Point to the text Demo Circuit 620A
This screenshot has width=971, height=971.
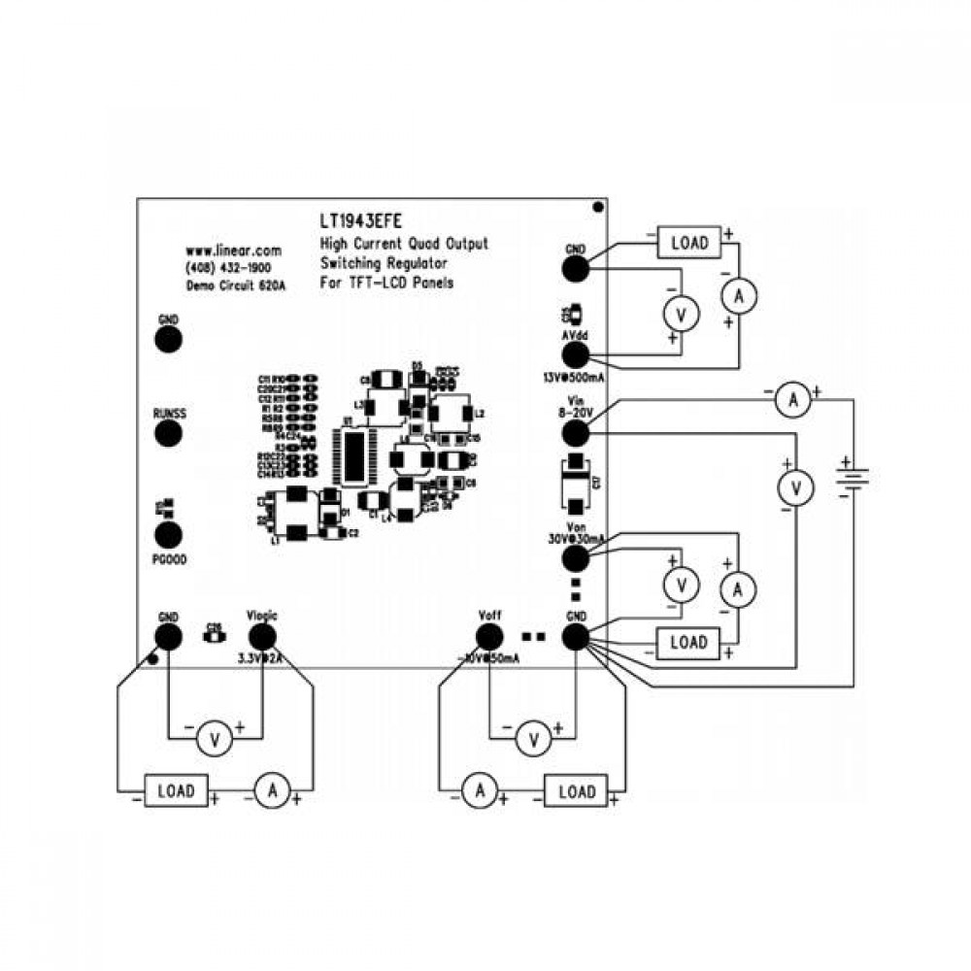click(236, 285)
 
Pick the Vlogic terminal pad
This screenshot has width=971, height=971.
click(262, 636)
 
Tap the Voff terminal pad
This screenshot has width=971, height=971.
click(488, 637)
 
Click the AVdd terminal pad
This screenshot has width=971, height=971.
click(575, 355)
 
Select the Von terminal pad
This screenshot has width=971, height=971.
click(575, 557)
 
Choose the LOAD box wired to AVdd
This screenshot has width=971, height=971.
click(688, 242)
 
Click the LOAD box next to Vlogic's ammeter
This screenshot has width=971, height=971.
click(176, 790)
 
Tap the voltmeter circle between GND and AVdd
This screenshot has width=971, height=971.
click(681, 314)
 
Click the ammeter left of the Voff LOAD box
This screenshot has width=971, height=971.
click(478, 791)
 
